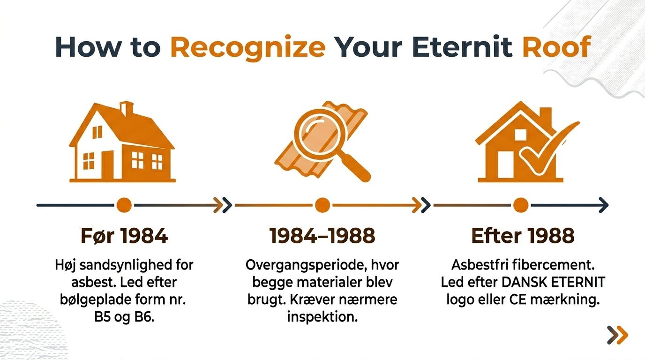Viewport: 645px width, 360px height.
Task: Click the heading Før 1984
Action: coord(124,236)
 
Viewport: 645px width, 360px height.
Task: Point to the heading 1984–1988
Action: coord(322,236)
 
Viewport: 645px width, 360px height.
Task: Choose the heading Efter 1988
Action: coord(522,236)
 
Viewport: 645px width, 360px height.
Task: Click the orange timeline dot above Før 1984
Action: coord(124,205)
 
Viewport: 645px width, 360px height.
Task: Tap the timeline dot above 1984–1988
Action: coord(322,205)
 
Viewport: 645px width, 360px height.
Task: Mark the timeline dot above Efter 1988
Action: coord(521,205)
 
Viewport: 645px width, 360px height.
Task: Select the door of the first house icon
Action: coord(107,165)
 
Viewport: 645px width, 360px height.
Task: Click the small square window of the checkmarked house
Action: coord(520,135)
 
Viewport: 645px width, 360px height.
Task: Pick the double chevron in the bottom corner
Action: coord(617,335)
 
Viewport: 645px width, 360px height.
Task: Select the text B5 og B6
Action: coord(124,317)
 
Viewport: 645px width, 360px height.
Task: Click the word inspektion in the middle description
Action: coord(322,317)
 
